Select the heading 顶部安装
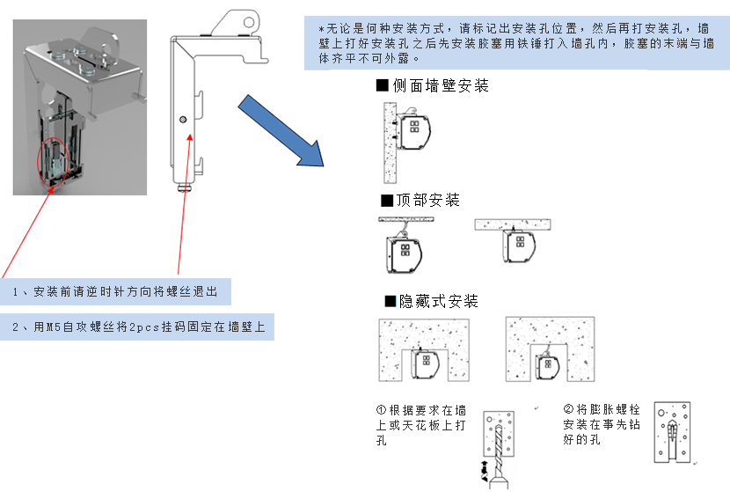(427, 200)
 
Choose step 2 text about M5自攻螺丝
(136, 327)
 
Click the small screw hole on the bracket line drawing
(182, 119)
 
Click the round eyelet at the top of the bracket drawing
(249, 19)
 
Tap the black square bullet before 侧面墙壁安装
(382, 85)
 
